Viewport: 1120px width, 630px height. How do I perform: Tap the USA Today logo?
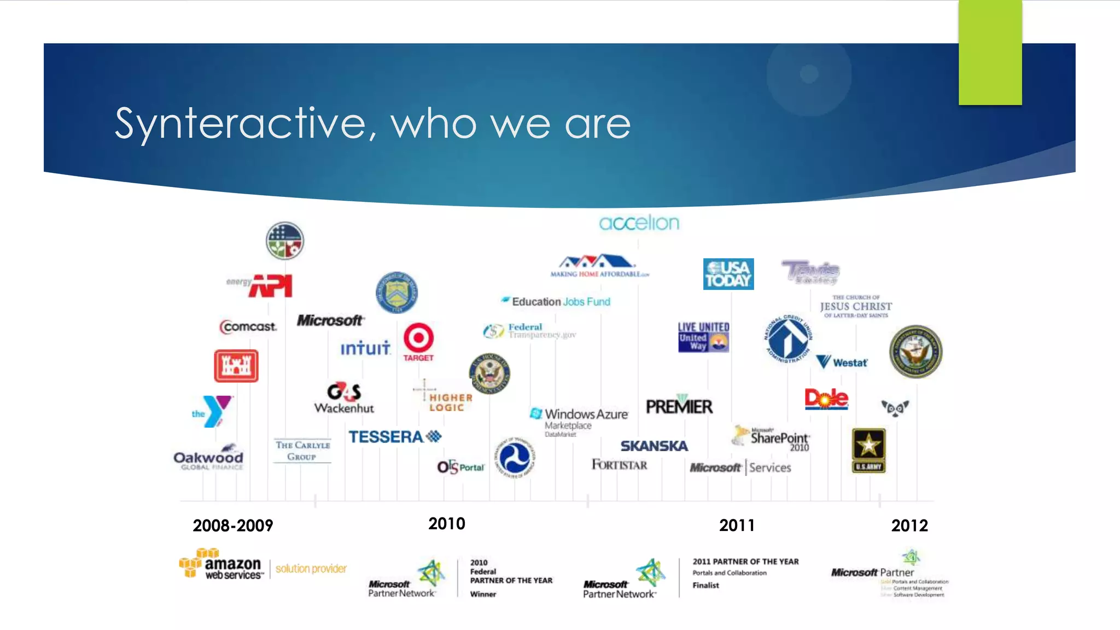click(x=728, y=274)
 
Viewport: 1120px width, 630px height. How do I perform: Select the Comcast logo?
click(x=248, y=326)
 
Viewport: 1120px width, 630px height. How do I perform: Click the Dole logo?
click(x=826, y=399)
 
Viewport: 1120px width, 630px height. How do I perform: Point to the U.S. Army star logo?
click(x=868, y=450)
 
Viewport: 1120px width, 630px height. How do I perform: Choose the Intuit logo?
click(x=365, y=348)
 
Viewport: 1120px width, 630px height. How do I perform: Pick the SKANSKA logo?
click(x=654, y=446)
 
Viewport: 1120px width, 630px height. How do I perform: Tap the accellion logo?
click(x=639, y=223)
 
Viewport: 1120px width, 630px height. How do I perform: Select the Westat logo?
click(x=842, y=362)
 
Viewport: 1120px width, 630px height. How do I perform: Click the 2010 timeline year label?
click(x=447, y=524)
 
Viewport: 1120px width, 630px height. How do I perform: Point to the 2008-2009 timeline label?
click(x=233, y=526)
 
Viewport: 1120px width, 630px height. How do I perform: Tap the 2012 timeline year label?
click(x=909, y=526)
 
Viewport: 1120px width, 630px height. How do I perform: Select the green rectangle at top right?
click(x=990, y=52)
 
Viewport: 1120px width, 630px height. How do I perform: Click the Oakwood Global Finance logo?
click(x=208, y=458)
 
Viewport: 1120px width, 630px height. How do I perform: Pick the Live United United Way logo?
click(x=703, y=336)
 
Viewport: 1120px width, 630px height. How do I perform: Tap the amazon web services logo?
click(x=222, y=564)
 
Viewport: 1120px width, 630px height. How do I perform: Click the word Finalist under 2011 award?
click(x=705, y=585)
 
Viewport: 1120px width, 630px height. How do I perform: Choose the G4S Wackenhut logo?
click(x=344, y=398)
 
